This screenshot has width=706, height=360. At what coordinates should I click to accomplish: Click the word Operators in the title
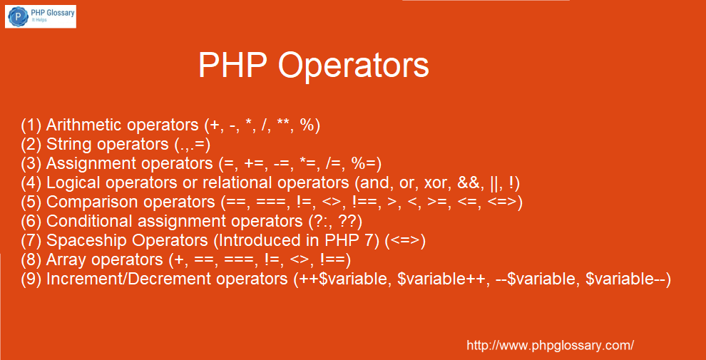click(x=354, y=66)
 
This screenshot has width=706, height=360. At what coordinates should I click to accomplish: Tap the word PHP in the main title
click(x=235, y=66)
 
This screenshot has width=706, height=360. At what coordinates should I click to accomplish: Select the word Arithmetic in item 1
click(x=84, y=125)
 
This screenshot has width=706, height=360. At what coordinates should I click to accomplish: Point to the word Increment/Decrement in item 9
click(x=129, y=279)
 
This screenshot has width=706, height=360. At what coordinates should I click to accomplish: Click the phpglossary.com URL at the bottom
click(x=551, y=346)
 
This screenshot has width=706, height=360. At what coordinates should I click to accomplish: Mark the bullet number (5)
click(x=31, y=202)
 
